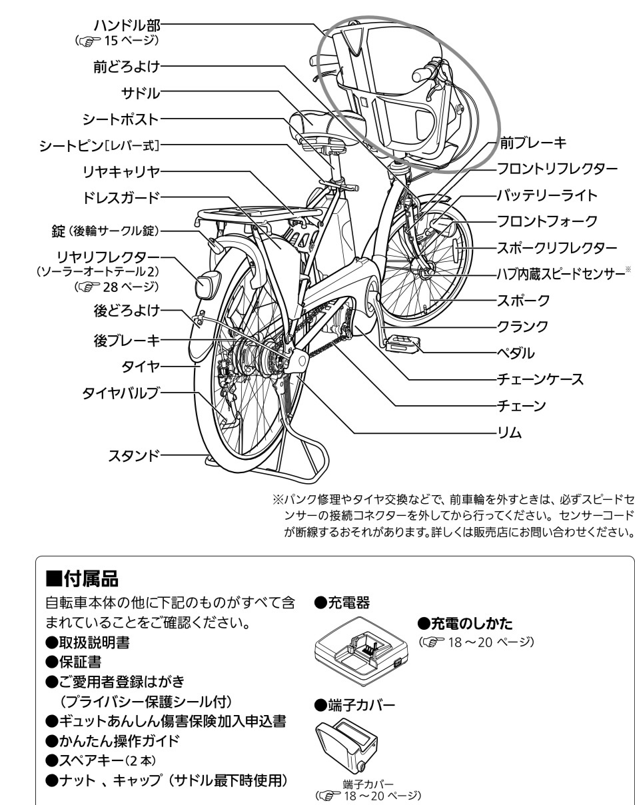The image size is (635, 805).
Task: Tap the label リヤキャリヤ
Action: click(121, 171)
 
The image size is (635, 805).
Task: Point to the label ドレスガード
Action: click(121, 197)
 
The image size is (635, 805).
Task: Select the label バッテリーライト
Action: click(546, 195)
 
